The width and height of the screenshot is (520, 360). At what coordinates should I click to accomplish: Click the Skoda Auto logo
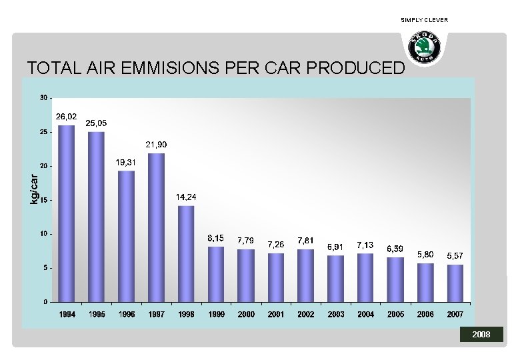click(425, 48)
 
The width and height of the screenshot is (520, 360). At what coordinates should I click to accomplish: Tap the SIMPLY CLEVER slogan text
click(425, 20)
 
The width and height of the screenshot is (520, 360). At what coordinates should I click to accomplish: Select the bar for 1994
click(67, 213)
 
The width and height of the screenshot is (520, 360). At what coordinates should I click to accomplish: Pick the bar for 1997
click(156, 227)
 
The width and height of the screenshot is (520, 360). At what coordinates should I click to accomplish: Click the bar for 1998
click(186, 253)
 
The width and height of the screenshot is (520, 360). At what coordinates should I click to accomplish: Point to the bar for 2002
click(306, 275)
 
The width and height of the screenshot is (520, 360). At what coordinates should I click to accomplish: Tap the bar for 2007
click(455, 283)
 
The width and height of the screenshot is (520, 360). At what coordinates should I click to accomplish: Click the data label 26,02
click(67, 117)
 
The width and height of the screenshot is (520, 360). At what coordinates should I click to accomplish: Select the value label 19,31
click(127, 162)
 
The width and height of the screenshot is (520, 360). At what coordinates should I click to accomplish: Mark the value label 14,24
click(186, 197)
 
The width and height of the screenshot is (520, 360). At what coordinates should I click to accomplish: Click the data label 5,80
click(425, 255)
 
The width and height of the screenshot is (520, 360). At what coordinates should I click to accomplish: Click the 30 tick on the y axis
click(43, 98)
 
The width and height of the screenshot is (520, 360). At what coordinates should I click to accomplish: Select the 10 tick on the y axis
click(43, 234)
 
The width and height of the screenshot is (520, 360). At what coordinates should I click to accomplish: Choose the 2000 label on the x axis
click(246, 314)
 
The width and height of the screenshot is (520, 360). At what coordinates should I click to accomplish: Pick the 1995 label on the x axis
click(97, 314)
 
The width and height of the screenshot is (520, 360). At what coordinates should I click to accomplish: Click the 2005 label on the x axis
click(395, 314)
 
